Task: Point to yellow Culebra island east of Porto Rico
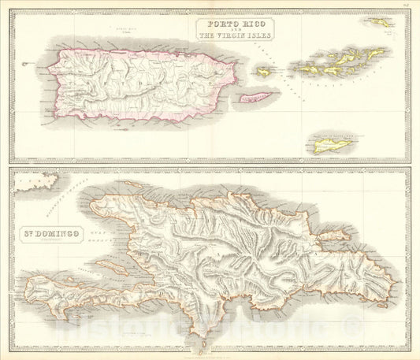[x=263, y=72]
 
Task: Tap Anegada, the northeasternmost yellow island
[x=384, y=23]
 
